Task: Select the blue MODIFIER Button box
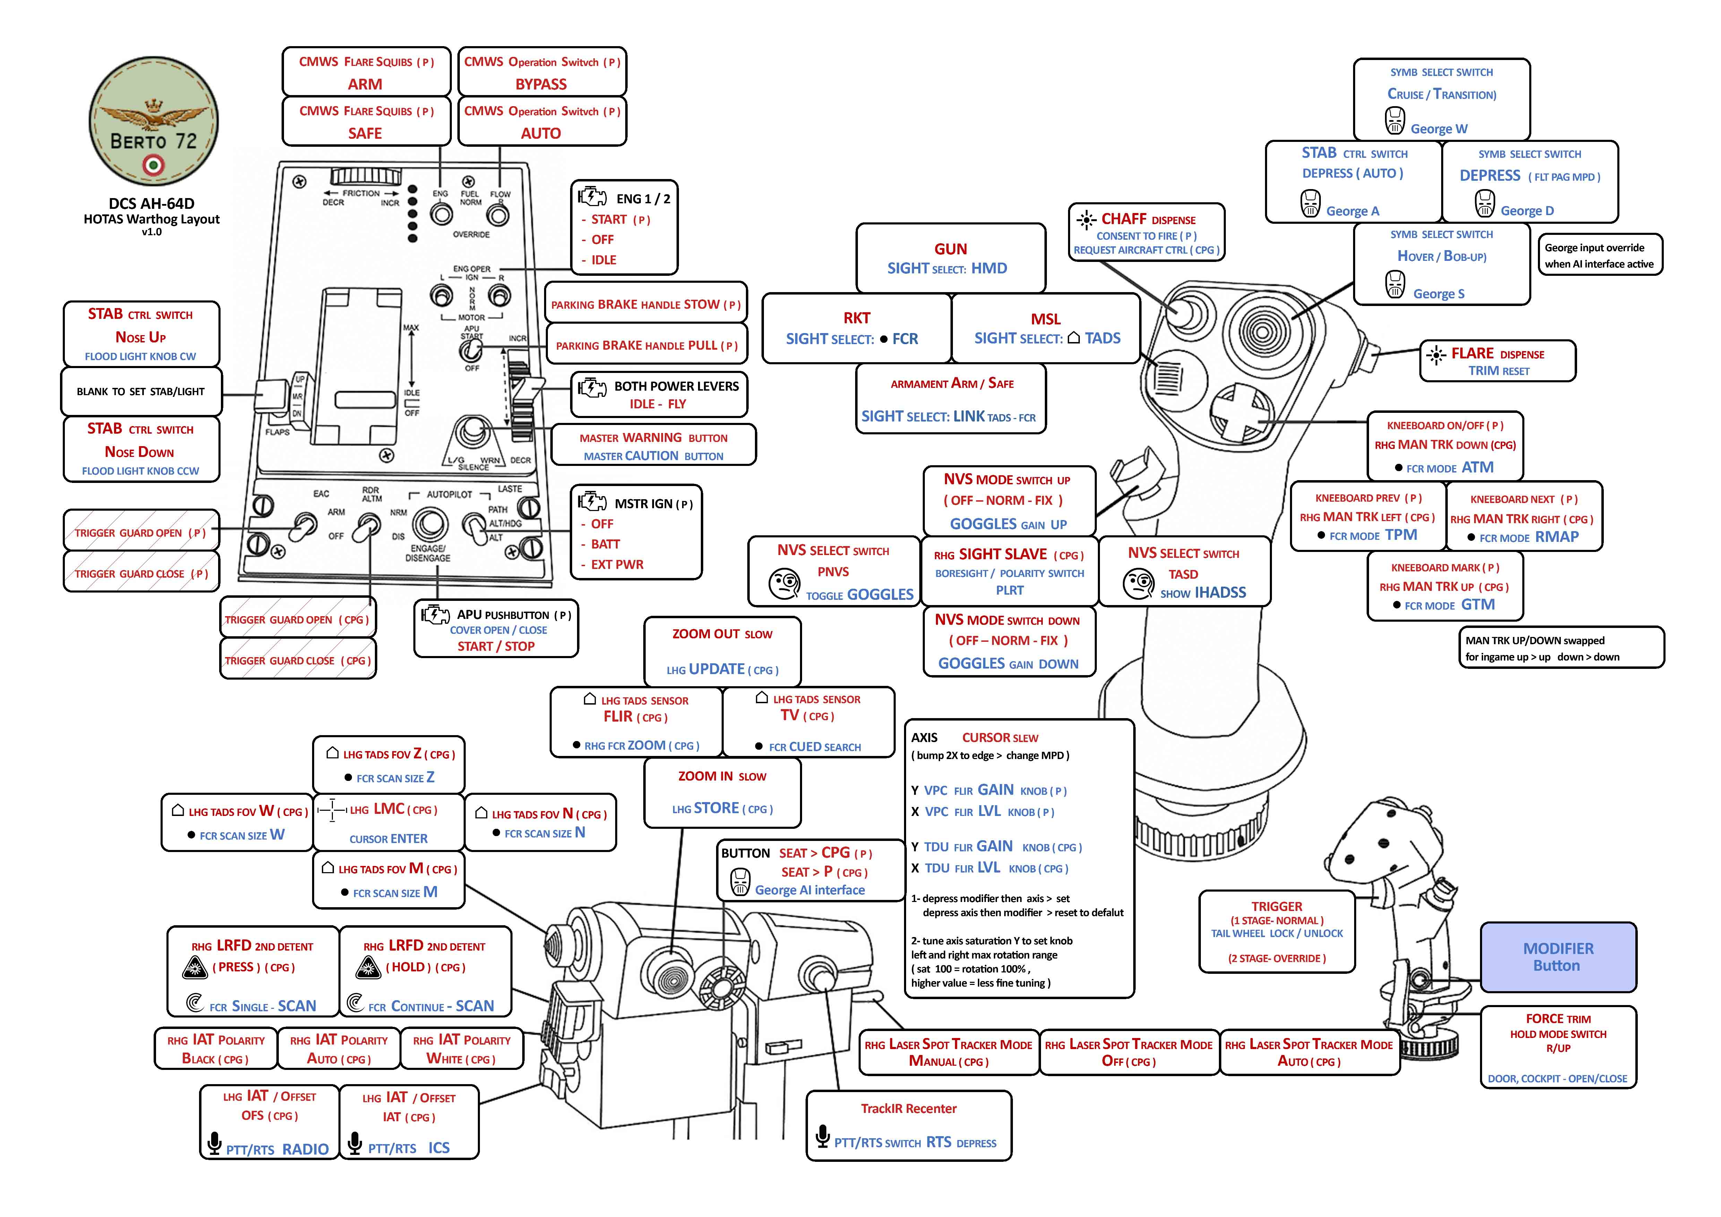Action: tap(1558, 957)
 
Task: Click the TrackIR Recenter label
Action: tap(909, 1108)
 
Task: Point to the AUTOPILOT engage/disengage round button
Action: tap(430, 524)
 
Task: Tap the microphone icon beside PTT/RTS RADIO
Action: tap(214, 1143)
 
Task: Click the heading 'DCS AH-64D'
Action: tap(152, 203)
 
